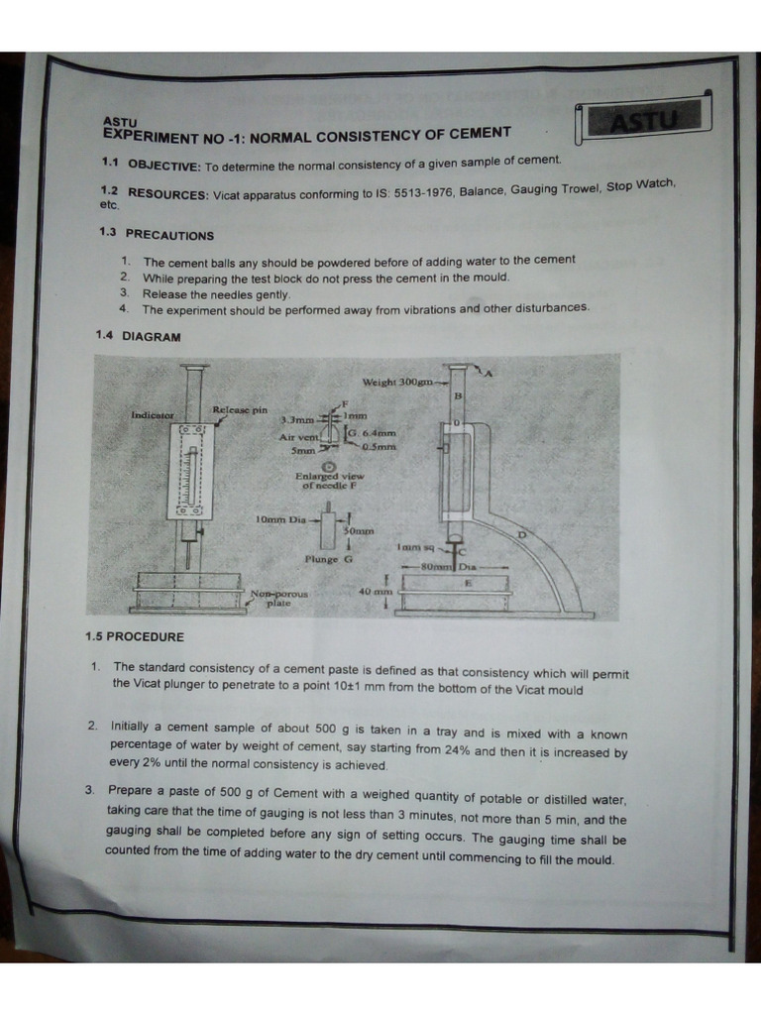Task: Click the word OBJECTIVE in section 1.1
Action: pos(164,165)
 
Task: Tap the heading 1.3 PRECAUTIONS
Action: pos(157,235)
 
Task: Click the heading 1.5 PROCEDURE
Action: pos(134,636)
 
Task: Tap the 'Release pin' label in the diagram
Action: pos(240,409)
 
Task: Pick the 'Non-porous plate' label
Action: pos(278,598)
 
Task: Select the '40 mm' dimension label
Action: pos(376,591)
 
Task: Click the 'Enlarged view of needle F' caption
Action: pos(329,481)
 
